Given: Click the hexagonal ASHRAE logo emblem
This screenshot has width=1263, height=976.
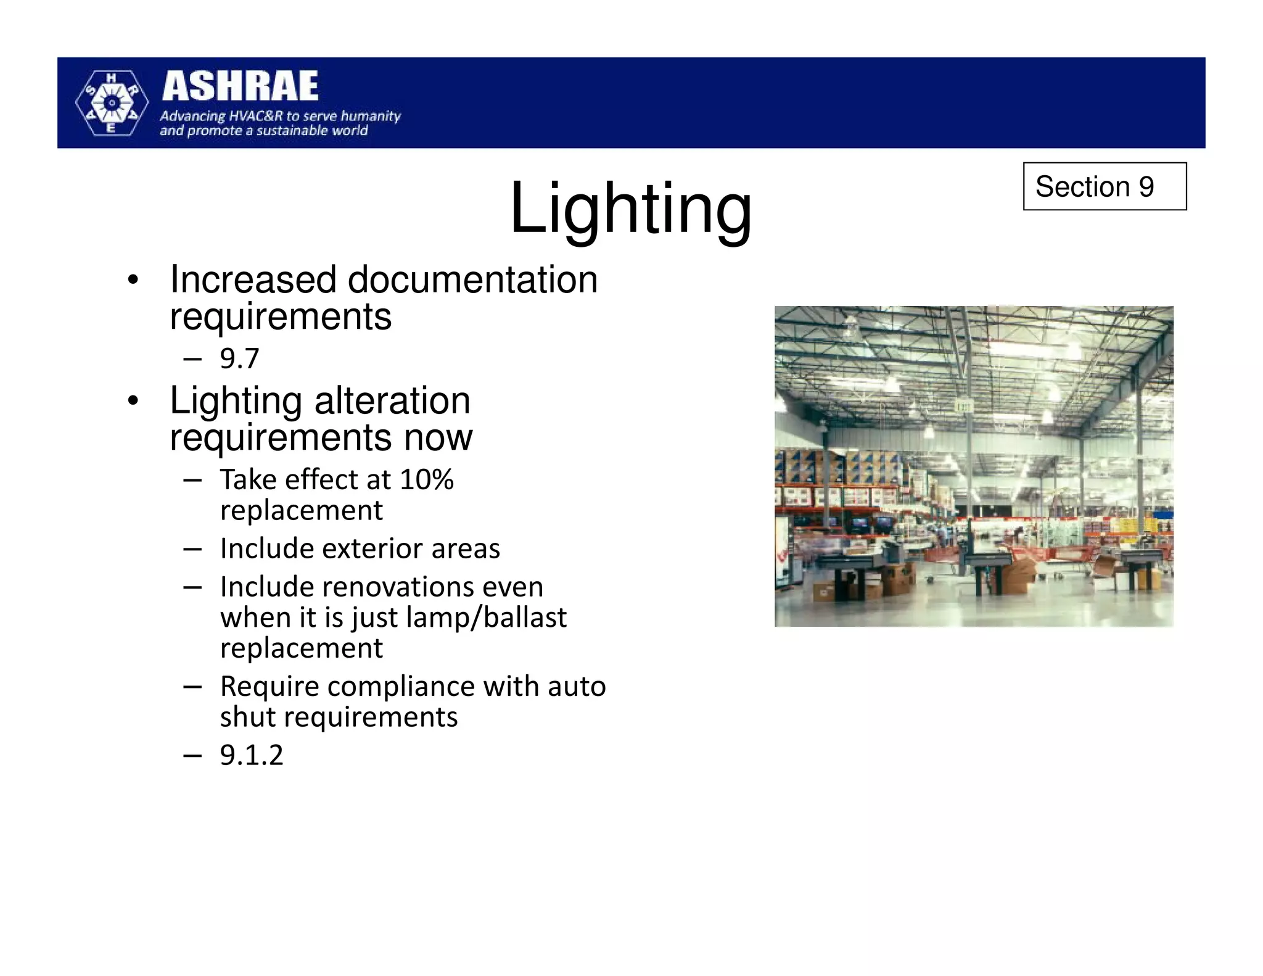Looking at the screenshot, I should [x=112, y=103].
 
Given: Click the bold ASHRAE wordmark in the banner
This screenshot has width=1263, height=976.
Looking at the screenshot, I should [x=240, y=86].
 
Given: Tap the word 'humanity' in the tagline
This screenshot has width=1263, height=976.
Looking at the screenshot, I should [x=371, y=116].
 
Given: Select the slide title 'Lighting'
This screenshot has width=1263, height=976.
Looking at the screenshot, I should [x=630, y=208].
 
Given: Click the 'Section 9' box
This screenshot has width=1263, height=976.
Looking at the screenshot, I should [x=1104, y=186].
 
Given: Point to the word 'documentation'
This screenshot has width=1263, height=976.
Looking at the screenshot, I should [x=472, y=279].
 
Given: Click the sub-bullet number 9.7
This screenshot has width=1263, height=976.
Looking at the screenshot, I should [x=239, y=358].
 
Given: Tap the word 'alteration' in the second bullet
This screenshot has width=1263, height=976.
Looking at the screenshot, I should [x=392, y=400].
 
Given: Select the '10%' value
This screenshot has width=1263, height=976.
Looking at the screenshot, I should [x=426, y=479].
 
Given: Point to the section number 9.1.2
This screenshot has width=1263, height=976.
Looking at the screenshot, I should [x=252, y=755].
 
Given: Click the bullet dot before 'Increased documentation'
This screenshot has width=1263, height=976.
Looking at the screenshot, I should [x=133, y=281].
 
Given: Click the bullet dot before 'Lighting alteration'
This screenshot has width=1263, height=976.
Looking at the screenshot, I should [x=133, y=402].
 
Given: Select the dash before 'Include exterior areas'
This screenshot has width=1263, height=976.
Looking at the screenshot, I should [x=192, y=548].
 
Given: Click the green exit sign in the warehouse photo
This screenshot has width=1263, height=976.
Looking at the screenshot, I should [x=963, y=406].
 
